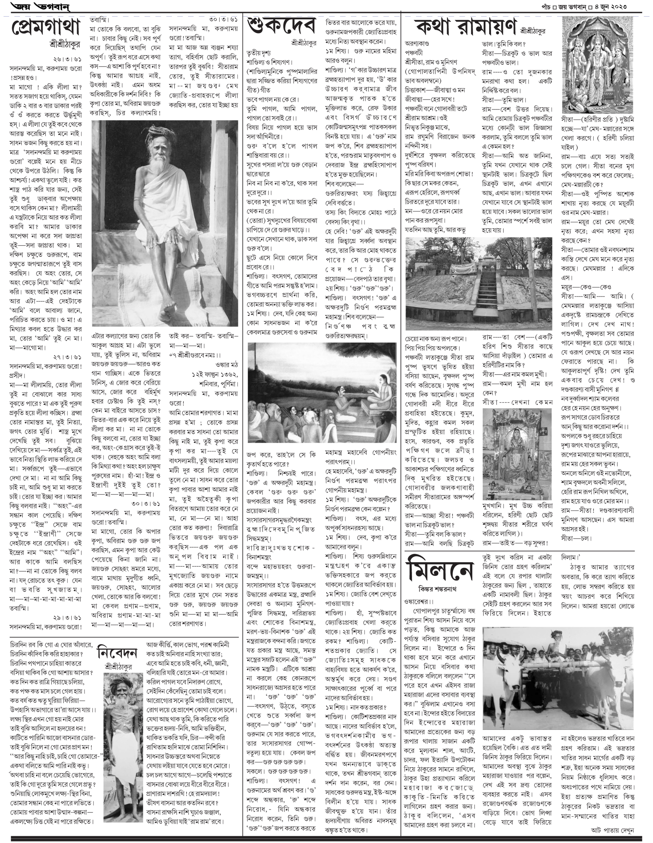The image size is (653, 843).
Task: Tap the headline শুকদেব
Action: tap(281, 26)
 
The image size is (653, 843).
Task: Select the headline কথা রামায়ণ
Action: tap(466, 27)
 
